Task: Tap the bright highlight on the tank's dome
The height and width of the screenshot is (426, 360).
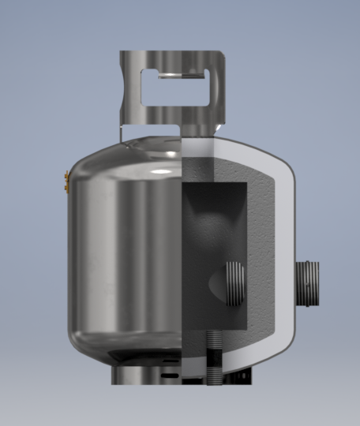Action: pos(162,170)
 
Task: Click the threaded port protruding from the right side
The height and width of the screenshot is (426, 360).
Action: pos(307,285)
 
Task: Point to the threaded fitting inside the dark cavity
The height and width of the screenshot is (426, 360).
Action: pos(234,282)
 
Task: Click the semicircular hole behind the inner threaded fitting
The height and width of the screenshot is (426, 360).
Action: pos(216,284)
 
